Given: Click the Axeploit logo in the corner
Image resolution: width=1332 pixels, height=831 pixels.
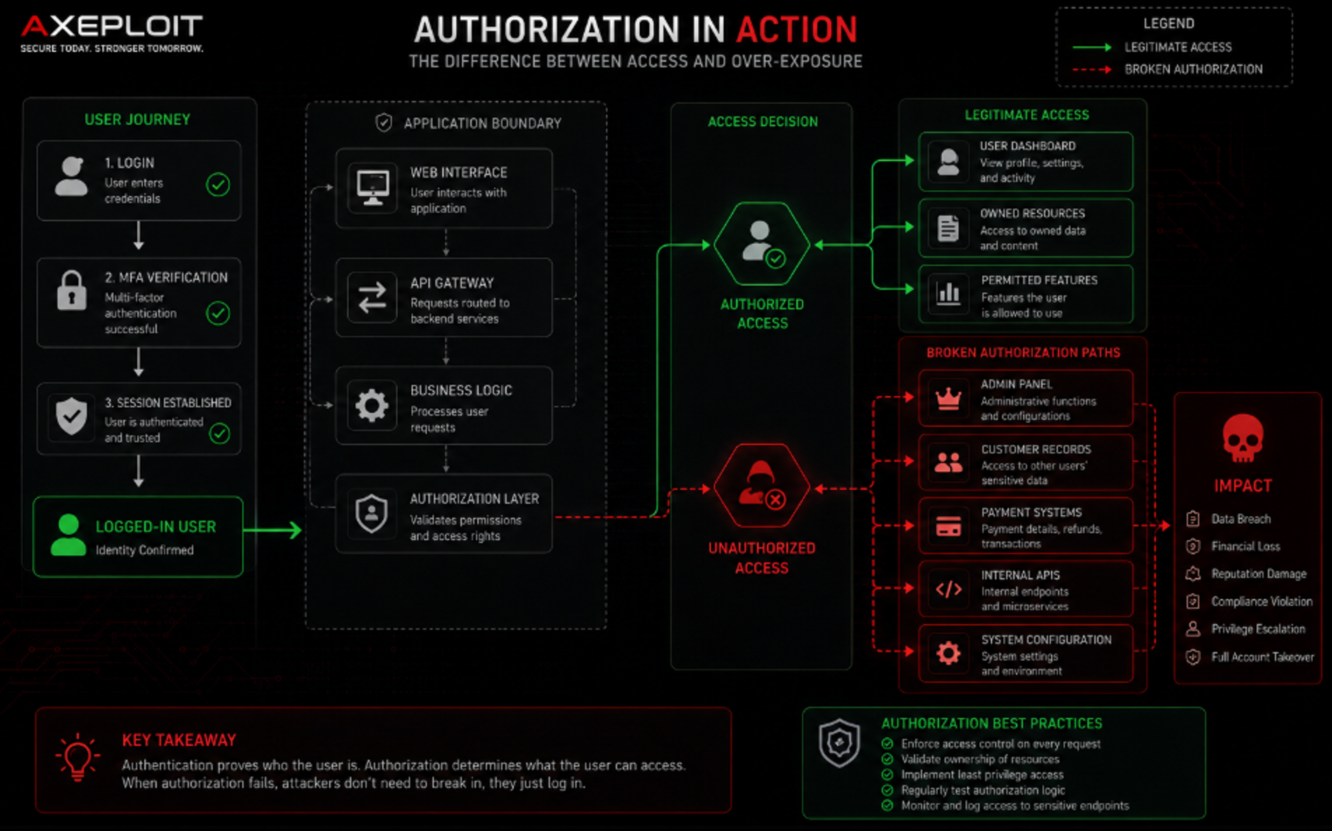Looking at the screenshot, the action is click(112, 33).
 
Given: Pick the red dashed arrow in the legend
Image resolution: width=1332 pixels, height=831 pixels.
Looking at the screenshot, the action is click(1092, 70).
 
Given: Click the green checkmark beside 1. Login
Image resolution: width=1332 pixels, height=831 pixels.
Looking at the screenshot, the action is click(218, 185).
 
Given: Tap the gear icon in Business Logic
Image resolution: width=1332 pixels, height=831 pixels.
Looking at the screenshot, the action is click(372, 405).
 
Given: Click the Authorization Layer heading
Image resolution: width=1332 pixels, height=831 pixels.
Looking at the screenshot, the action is click(474, 499).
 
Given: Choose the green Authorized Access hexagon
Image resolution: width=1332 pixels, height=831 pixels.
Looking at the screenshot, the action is click(762, 244).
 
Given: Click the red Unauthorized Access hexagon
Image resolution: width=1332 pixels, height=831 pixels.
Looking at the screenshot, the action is click(762, 486).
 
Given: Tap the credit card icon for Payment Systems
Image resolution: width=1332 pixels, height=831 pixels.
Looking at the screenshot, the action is click(948, 526).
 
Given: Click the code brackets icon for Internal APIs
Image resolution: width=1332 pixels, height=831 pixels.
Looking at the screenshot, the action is click(948, 589).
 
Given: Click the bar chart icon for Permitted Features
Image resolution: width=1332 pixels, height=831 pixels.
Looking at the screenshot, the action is click(948, 293).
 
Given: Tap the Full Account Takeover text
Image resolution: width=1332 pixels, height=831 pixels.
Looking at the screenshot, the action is click(1262, 657).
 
